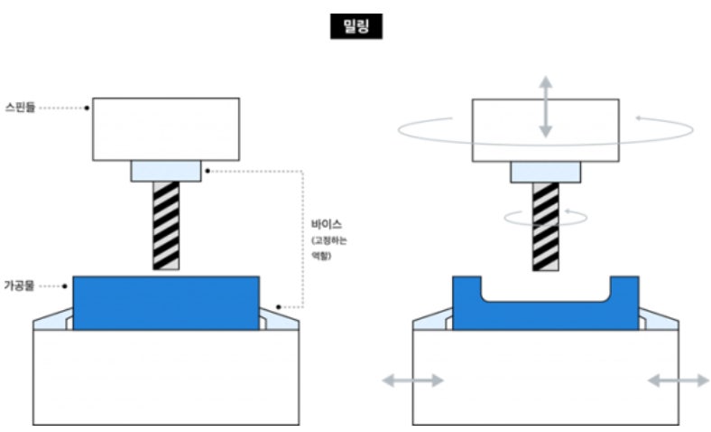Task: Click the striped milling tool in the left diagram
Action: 166,225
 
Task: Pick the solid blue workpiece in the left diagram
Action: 166,303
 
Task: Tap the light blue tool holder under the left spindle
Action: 166,171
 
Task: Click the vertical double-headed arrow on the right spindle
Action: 545,107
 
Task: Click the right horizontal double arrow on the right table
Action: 678,380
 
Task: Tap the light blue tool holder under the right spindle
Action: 545,171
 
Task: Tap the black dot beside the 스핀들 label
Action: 88,108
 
